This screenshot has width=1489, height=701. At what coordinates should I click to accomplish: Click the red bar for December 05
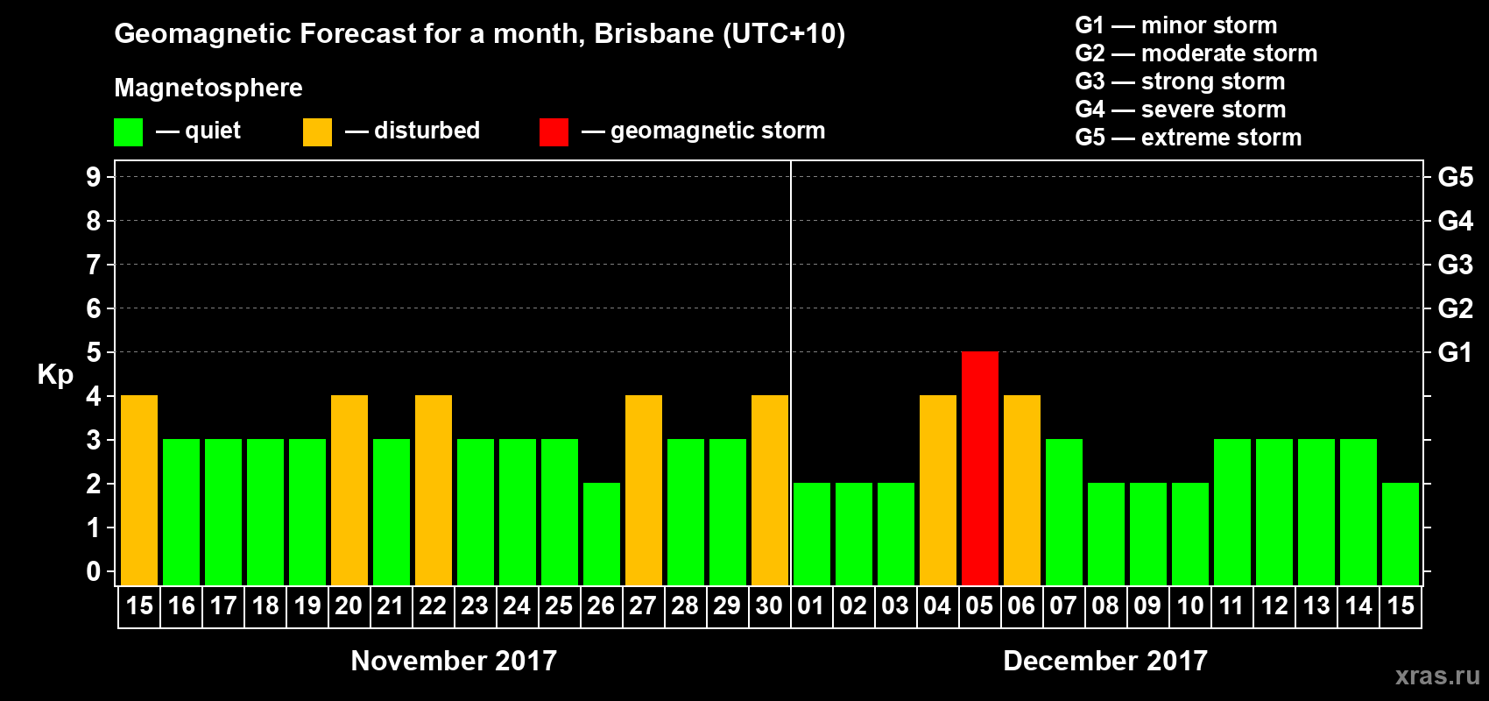[979, 468]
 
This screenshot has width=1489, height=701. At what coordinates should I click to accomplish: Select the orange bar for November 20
[349, 490]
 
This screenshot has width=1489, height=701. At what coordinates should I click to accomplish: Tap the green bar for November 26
[601, 534]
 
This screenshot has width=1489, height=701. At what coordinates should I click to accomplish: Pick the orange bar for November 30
[769, 490]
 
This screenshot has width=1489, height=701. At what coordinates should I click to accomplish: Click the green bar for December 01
[811, 534]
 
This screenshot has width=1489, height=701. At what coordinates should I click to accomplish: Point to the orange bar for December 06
[1021, 490]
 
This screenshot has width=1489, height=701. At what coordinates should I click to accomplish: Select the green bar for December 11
[1231, 512]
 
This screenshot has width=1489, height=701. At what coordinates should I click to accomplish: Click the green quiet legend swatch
[128, 132]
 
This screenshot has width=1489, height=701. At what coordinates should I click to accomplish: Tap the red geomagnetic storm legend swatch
[554, 132]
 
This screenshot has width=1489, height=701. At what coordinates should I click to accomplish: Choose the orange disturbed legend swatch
[317, 132]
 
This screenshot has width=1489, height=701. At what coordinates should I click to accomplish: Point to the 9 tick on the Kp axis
[94, 177]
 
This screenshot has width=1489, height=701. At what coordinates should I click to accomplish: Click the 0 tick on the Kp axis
[94, 571]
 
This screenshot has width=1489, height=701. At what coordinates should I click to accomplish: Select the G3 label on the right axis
[1455, 265]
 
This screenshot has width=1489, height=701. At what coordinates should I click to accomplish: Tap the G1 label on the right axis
[1455, 352]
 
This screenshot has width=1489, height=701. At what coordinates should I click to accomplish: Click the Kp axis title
[55, 374]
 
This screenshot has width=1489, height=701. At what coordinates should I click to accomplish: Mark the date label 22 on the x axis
[433, 605]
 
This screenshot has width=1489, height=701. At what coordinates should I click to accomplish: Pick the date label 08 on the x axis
[1105, 605]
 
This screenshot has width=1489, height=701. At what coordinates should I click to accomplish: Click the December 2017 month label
[1104, 661]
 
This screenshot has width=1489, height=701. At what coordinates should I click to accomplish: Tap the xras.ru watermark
[1436, 676]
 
